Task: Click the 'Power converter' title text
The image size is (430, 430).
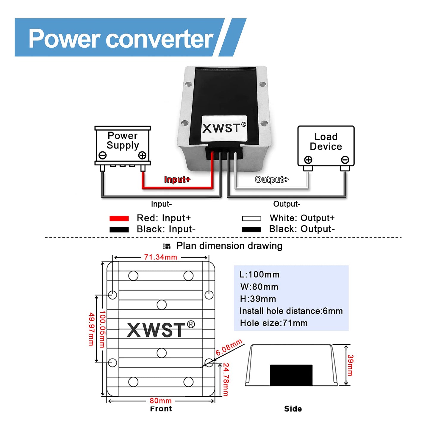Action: coord(121,39)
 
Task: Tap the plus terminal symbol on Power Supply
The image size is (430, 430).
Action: coord(142,155)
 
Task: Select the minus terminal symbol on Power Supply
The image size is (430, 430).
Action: coord(103,155)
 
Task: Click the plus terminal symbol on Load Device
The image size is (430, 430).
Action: coord(308,160)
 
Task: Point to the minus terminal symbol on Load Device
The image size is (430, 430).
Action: coord(345,160)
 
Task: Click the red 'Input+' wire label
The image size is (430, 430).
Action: coord(177,179)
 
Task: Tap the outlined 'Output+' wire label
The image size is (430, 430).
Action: coord(271,179)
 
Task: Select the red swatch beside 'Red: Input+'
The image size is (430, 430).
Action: coord(119,218)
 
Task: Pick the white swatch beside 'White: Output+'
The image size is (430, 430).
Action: coord(251,218)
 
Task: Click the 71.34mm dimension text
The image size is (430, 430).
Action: coord(160,257)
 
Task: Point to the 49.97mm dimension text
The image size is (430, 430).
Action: coord(91,329)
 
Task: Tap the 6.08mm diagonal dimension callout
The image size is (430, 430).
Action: coord(229,347)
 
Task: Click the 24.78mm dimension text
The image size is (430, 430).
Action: coord(226,379)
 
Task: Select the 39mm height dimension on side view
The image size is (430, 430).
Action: coord(350,365)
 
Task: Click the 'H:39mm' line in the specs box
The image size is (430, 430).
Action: coord(258,299)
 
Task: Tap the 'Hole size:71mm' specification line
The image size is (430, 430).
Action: coord(273,323)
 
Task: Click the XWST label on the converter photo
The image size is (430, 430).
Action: coord(224,128)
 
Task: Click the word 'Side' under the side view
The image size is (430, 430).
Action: coord(293,409)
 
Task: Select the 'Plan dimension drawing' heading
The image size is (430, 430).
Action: coord(229,246)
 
